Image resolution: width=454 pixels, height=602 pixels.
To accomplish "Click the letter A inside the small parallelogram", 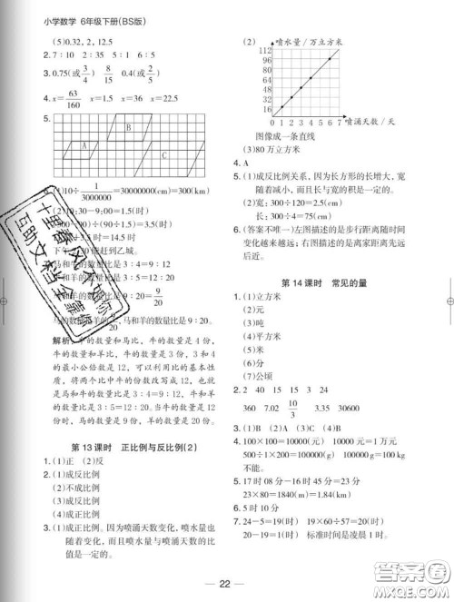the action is pyautogui.click(x=84, y=145).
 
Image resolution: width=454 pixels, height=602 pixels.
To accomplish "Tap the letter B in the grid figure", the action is pyautogui.click(x=129, y=128).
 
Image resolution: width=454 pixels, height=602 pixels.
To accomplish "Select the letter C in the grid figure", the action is pyautogui.click(x=163, y=154).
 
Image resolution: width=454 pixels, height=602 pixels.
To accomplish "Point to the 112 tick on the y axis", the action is pyautogui.click(x=267, y=51).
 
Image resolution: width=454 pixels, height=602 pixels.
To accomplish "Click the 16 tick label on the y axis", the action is pyautogui.click(x=268, y=109).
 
